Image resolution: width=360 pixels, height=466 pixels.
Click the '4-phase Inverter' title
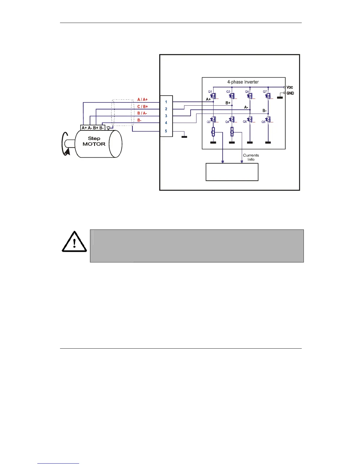[x=243, y=82]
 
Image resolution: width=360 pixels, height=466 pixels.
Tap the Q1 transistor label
[x=210, y=92]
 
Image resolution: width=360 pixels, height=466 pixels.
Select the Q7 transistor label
[x=265, y=92]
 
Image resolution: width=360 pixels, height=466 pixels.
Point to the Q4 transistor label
[x=227, y=122]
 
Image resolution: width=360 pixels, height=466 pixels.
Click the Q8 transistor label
[x=263, y=122]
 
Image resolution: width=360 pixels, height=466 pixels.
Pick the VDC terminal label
[x=290, y=87]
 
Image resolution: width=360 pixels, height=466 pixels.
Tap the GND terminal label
[x=290, y=93]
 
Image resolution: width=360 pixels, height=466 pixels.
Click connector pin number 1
[x=166, y=102]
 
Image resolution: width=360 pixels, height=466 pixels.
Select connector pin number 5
[x=166, y=131]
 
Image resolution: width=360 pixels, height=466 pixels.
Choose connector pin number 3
[x=166, y=116]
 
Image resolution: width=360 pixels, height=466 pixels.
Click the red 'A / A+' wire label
[x=143, y=100]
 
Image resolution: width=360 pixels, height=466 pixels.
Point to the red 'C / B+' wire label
[x=143, y=106]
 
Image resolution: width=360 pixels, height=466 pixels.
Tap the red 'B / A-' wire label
[x=142, y=113]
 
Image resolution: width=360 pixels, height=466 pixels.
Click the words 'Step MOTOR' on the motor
[x=94, y=141]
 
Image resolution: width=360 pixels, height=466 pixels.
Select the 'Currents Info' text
[x=251, y=157]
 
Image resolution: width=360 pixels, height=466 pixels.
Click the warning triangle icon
[x=74, y=242]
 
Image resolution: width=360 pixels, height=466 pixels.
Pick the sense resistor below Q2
[x=214, y=132]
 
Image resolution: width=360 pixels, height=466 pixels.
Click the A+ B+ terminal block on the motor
[x=93, y=128]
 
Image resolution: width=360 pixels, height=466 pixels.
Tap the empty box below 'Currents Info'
[x=232, y=172]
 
